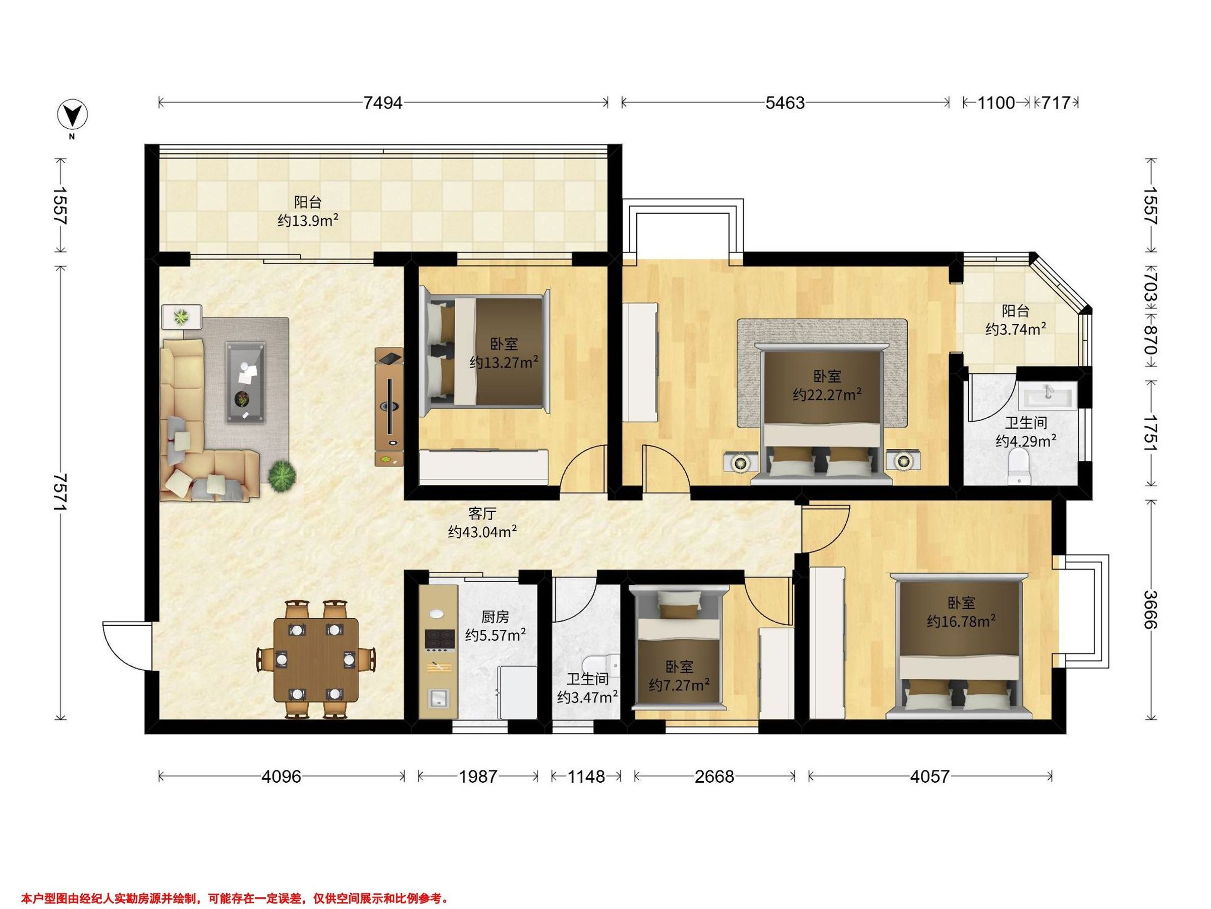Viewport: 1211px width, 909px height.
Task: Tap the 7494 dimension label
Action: click(382, 103)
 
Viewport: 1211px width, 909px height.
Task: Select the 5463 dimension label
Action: click(785, 103)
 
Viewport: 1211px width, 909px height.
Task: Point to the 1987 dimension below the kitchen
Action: click(478, 776)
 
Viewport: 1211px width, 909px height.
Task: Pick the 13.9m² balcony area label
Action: click(308, 221)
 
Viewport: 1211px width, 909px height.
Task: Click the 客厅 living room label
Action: click(482, 514)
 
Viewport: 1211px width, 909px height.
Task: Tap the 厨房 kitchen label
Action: click(495, 617)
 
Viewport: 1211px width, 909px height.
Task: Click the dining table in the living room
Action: click(316, 659)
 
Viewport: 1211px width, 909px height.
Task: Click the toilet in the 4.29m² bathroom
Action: click(1019, 467)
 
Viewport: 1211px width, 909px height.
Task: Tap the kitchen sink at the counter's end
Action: click(438, 698)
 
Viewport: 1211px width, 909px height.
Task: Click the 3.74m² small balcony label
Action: click(1016, 320)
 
